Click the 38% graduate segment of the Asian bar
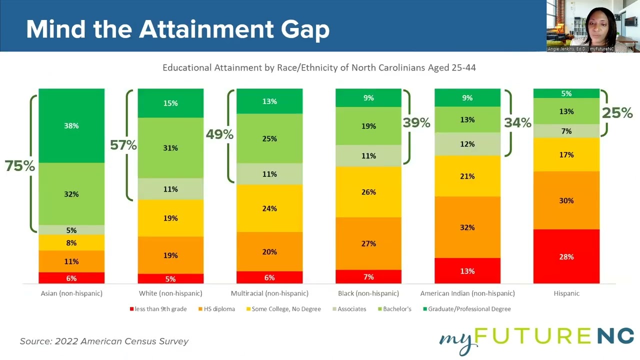pyautogui.click(x=71, y=125)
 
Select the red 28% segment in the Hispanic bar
pyautogui.click(x=566, y=256)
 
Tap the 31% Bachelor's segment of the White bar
pyautogui.click(x=170, y=148)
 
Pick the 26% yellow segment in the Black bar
pyautogui.click(x=368, y=192)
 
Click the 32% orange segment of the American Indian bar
pyautogui.click(x=467, y=227)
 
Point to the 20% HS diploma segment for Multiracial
pyautogui.click(x=269, y=251)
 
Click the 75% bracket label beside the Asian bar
pyautogui.click(x=20, y=166)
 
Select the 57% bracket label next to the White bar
pyautogui.click(x=123, y=145)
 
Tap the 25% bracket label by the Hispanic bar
pyautogui.click(x=617, y=113)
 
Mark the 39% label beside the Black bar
pyautogui.click(x=416, y=122)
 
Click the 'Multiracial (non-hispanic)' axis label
pyautogui.click(x=269, y=293)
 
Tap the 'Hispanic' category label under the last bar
pyautogui.click(x=566, y=293)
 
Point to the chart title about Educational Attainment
pyautogui.click(x=319, y=67)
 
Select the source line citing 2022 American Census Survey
pyautogui.click(x=104, y=341)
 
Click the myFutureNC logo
pyautogui.click(x=536, y=339)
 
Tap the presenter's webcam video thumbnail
pyautogui.click(x=593, y=26)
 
